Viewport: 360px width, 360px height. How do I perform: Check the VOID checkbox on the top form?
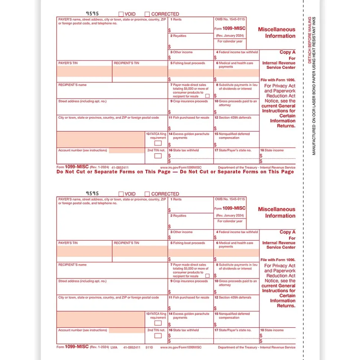(x=121, y=14)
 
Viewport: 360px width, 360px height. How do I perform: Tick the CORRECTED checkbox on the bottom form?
(x=147, y=194)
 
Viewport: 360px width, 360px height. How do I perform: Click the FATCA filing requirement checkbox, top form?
(x=158, y=143)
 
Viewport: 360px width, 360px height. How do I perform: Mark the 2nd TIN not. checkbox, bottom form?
(x=158, y=336)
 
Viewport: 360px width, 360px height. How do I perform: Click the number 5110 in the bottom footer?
(x=149, y=347)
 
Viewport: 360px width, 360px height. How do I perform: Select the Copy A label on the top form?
(x=288, y=52)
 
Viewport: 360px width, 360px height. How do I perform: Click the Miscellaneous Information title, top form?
(x=277, y=33)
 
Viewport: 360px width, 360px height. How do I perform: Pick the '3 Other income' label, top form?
(x=181, y=52)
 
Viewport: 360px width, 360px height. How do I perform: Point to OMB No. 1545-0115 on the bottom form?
(x=230, y=199)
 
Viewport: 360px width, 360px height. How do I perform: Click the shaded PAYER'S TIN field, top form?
(x=84, y=71)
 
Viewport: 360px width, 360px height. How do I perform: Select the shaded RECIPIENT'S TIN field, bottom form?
(x=140, y=251)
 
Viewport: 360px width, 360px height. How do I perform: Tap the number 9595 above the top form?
(x=92, y=14)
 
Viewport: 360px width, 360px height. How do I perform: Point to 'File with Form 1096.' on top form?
(x=278, y=80)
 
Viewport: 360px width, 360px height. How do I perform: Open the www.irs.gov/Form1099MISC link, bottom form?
(x=181, y=347)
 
